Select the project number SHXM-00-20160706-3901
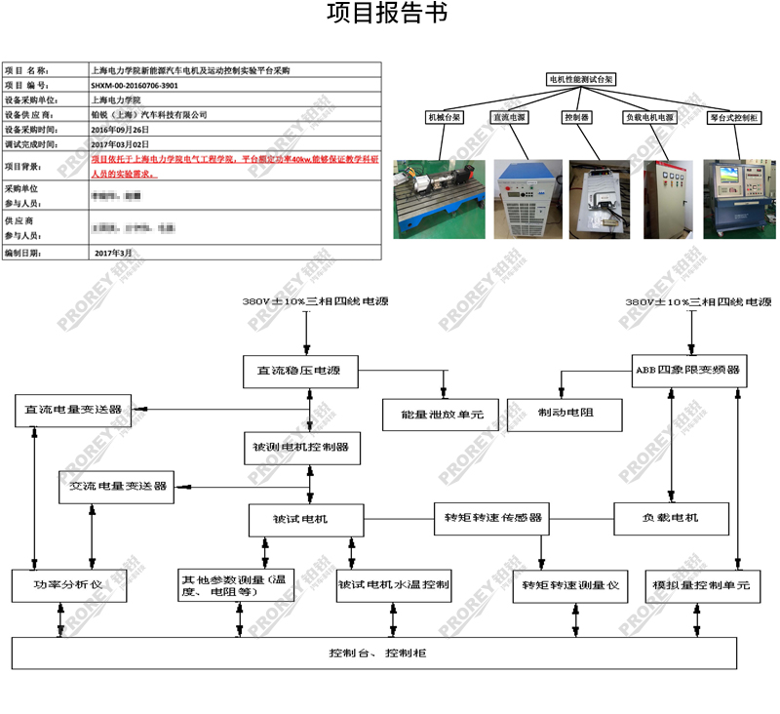(x=135, y=86)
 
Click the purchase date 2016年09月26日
(x=120, y=129)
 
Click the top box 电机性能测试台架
(x=580, y=79)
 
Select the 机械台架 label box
(x=445, y=116)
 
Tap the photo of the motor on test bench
(x=438, y=199)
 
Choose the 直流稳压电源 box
(x=300, y=371)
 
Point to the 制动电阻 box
(x=565, y=414)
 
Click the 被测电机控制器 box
(x=300, y=448)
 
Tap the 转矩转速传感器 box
(x=493, y=517)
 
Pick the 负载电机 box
(x=671, y=517)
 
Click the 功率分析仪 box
(x=68, y=585)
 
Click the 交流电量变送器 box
(x=117, y=486)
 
